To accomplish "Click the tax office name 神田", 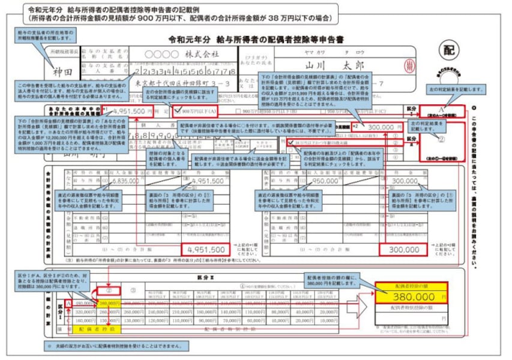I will point(62,70).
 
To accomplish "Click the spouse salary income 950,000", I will point(325,180).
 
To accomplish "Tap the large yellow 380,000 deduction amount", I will point(414,296).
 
